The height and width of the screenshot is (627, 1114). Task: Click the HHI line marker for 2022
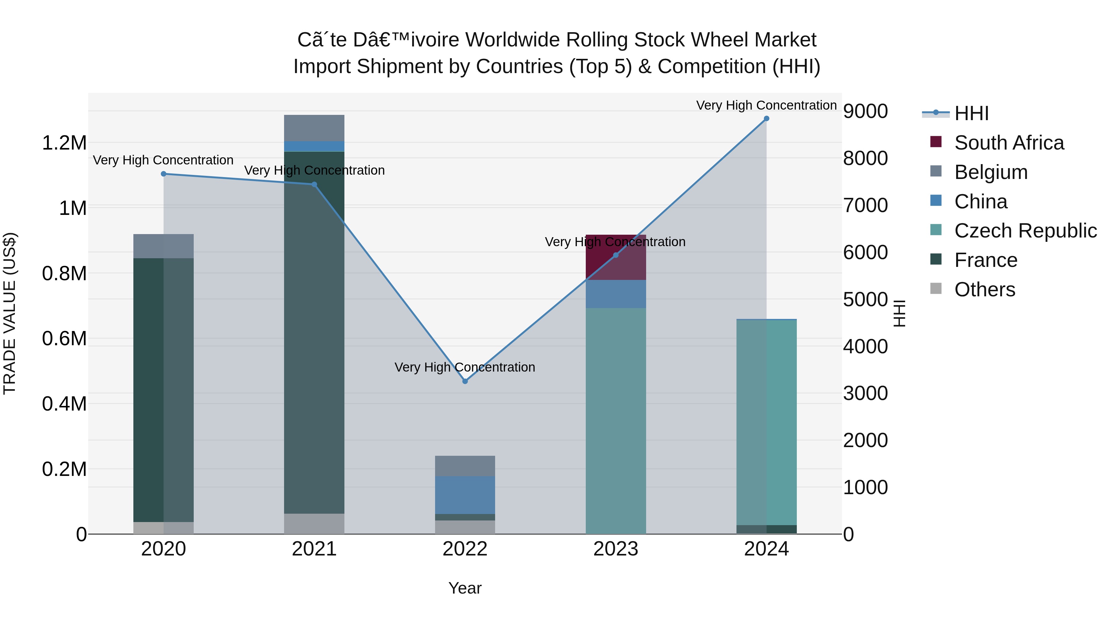click(x=465, y=381)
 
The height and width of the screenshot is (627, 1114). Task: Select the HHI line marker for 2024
click(x=766, y=119)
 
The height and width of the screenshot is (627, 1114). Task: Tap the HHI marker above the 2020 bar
click(x=163, y=174)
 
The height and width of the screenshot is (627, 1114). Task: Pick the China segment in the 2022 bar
click(x=465, y=494)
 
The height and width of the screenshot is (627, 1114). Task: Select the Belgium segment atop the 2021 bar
click(x=314, y=128)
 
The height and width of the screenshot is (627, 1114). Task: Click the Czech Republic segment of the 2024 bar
click(x=766, y=422)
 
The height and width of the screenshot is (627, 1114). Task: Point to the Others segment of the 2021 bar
click(x=314, y=524)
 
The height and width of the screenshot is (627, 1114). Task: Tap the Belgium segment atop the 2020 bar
click(x=163, y=246)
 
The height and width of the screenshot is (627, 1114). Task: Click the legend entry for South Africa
click(x=1008, y=143)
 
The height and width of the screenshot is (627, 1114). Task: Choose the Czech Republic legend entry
click(x=1025, y=231)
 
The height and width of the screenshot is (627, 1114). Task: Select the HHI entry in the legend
click(x=971, y=113)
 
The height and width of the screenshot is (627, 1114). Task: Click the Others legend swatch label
click(x=984, y=290)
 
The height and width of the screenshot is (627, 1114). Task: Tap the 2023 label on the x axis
click(x=615, y=549)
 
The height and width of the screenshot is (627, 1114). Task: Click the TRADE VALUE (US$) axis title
click(x=10, y=313)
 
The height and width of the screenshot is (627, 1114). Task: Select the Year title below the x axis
click(x=465, y=588)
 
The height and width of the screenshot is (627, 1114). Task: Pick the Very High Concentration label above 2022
click(x=465, y=367)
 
